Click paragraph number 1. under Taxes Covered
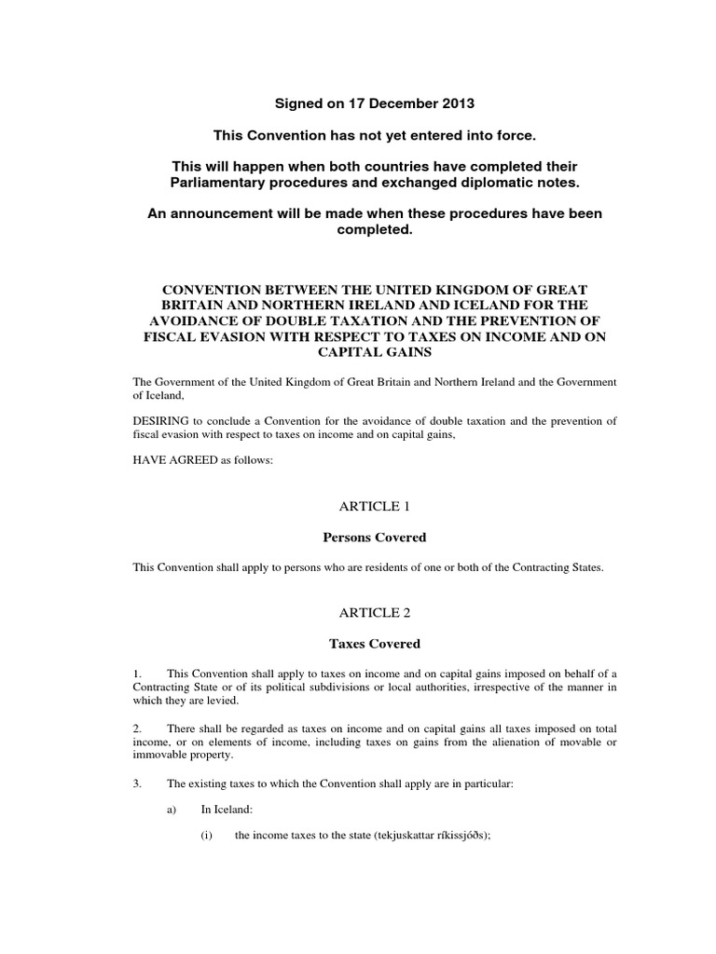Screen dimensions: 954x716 click(x=139, y=674)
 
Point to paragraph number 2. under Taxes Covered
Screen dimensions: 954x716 click(x=139, y=728)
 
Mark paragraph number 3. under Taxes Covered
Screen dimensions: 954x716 click(x=139, y=784)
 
